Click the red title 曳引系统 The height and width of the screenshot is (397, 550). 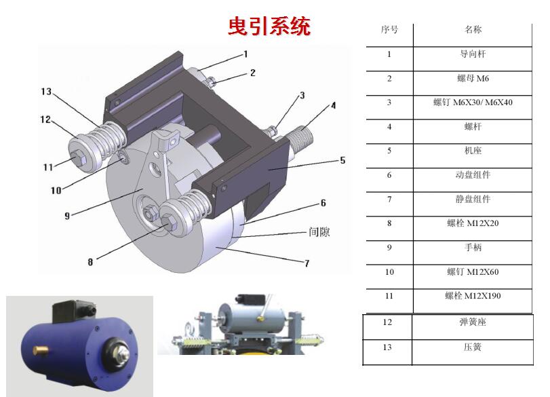pyautogui.click(x=269, y=26)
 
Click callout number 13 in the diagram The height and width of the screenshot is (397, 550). pyautogui.click(x=46, y=92)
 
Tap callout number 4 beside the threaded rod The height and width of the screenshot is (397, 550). pyautogui.click(x=333, y=105)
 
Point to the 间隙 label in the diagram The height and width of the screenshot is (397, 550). pyautogui.click(x=319, y=232)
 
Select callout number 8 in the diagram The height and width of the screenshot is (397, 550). pyautogui.click(x=90, y=262)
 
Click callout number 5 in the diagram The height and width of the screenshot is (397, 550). pyautogui.click(x=342, y=160)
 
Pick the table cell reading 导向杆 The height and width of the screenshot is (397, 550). pyautogui.click(x=473, y=54)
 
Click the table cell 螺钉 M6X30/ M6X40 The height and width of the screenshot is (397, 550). pyautogui.click(x=473, y=102)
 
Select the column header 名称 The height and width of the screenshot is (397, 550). pyautogui.click(x=473, y=29)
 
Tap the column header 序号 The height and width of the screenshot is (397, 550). pyautogui.click(x=389, y=29)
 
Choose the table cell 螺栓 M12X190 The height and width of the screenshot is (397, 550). pyautogui.click(x=473, y=296)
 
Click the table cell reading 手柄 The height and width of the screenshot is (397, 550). pyautogui.click(x=473, y=248)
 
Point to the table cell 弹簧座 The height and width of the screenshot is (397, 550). pyautogui.click(x=473, y=322)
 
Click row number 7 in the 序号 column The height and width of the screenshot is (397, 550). pyautogui.click(x=389, y=200)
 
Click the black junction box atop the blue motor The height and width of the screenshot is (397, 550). pyautogui.click(x=73, y=311)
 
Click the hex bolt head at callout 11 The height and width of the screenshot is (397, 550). pyautogui.click(x=79, y=159)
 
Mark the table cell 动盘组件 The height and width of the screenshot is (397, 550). pyautogui.click(x=473, y=175)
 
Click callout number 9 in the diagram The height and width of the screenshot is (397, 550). pyautogui.click(x=67, y=216)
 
